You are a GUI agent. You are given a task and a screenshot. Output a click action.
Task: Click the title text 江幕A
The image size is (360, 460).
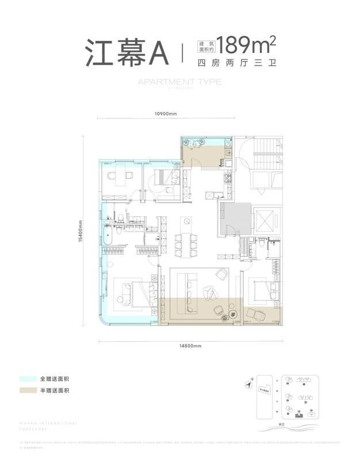point(126,53)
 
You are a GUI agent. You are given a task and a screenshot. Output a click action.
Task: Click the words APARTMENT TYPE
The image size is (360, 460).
point(179,82)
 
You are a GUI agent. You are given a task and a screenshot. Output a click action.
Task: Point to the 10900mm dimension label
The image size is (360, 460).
point(165,113)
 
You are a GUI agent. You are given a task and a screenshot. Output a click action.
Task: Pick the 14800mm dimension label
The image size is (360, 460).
point(190,346)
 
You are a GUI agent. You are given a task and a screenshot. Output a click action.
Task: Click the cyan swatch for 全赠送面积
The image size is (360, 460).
point(26,379)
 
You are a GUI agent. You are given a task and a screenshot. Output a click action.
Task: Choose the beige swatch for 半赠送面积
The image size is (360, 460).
point(26,391)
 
